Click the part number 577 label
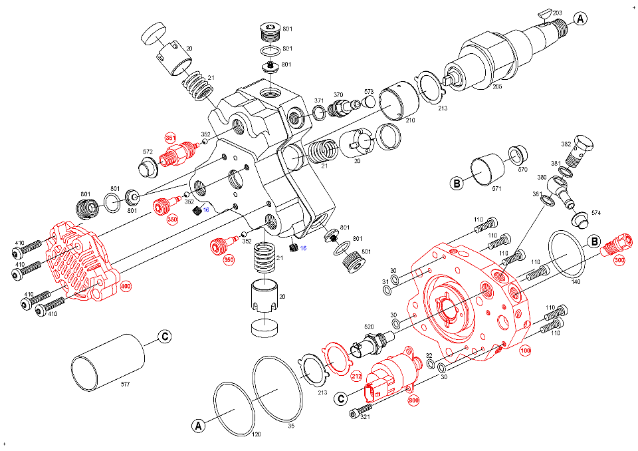click(x=126, y=384)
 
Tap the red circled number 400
click(x=126, y=287)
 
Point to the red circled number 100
click(x=526, y=350)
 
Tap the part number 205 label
click(x=496, y=85)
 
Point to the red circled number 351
click(x=171, y=138)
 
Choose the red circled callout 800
click(x=414, y=400)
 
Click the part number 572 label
click(x=148, y=152)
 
